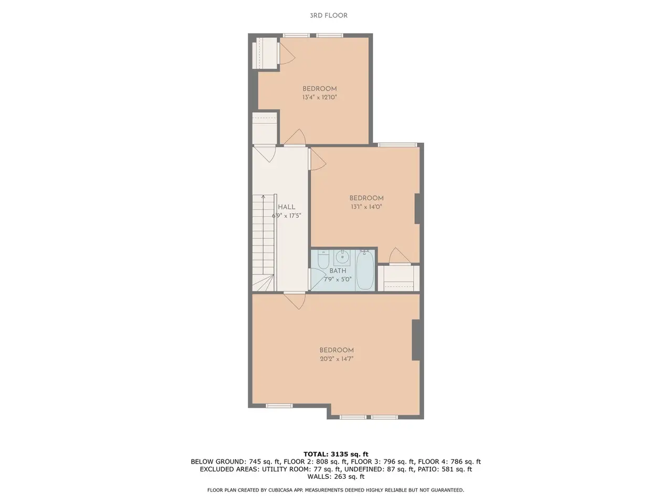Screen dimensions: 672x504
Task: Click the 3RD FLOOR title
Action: coord(329,16)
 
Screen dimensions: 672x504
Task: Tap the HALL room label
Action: coord(287,207)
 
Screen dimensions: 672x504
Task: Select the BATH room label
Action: coord(338,271)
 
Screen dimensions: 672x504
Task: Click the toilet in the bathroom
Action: coord(323,259)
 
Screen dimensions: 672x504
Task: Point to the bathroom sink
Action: coord(342,258)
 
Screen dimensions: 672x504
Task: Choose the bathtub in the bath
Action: coord(365,270)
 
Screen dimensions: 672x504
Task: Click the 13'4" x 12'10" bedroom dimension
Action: coord(320,98)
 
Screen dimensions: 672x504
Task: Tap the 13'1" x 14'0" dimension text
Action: coord(366,207)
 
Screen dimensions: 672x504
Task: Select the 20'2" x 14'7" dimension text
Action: coord(337,359)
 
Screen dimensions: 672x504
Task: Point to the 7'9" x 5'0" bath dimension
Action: coord(338,279)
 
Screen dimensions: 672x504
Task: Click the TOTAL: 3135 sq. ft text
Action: coord(336,454)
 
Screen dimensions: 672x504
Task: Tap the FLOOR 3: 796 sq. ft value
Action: coord(383,462)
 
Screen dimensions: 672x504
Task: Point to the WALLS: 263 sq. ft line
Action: coord(336,477)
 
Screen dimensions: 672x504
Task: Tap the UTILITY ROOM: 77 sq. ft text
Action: coord(301,469)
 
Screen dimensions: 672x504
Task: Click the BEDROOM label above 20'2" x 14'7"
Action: coord(337,350)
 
